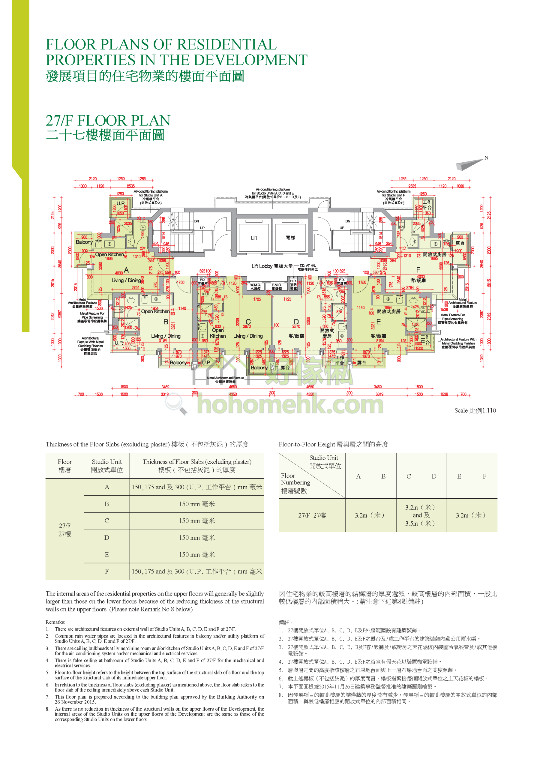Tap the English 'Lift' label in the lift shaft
[254, 238]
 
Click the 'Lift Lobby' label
[262, 266]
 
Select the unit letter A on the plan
[126, 270]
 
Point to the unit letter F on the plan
[418, 270]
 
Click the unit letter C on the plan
[248, 322]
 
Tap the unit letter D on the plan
[296, 322]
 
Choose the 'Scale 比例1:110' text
[475, 410]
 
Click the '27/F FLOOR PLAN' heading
[108, 120]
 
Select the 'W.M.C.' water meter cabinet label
[255, 285]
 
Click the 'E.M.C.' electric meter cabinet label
[276, 285]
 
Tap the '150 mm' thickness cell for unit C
[197, 521]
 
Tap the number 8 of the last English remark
[47, 709]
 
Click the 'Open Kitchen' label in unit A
[109, 255]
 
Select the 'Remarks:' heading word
[55, 622]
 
